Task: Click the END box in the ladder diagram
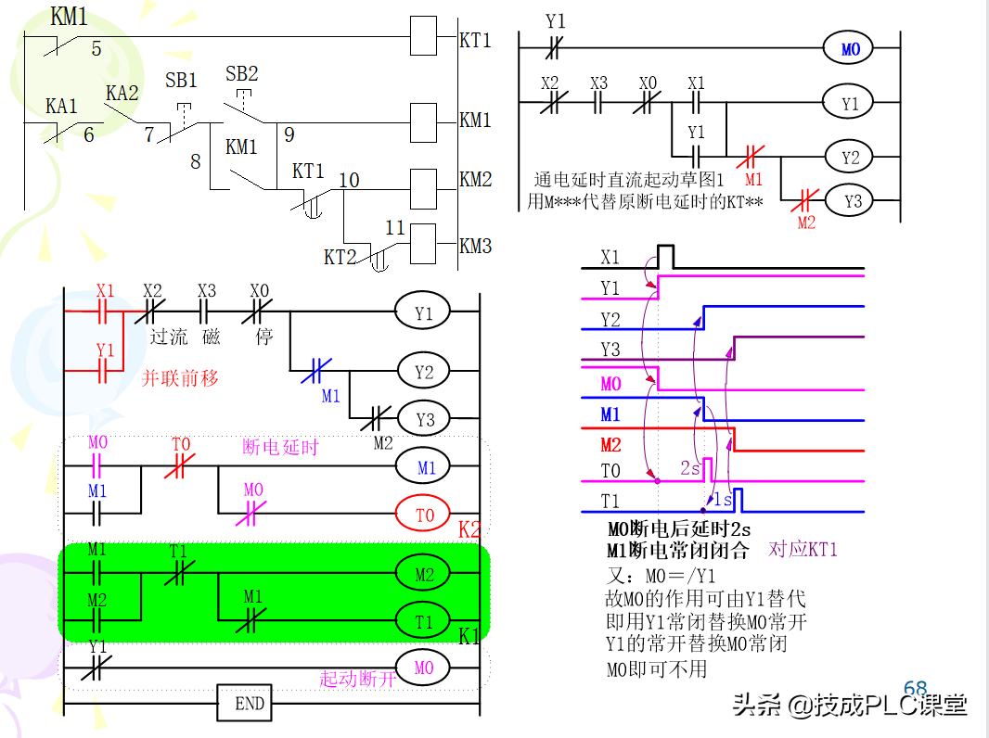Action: (x=250, y=704)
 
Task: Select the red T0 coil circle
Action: (x=425, y=514)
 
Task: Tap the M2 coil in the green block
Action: (x=425, y=575)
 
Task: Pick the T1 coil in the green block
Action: (x=425, y=621)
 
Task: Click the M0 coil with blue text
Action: (x=851, y=49)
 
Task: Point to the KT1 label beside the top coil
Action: (x=475, y=41)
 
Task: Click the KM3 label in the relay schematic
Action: (x=475, y=247)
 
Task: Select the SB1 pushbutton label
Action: (x=182, y=80)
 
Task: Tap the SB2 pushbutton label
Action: (x=242, y=73)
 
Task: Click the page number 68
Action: (x=915, y=689)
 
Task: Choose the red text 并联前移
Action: (x=180, y=378)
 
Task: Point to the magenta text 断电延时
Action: (x=280, y=447)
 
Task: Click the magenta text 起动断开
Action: (x=357, y=679)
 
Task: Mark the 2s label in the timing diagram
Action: (x=690, y=469)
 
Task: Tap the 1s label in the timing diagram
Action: (x=724, y=500)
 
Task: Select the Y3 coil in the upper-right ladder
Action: (x=851, y=200)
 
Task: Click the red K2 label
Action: (x=469, y=530)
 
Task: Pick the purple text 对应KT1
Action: (x=803, y=550)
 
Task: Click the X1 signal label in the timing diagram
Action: (x=610, y=257)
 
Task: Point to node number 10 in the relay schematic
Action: (x=349, y=179)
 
